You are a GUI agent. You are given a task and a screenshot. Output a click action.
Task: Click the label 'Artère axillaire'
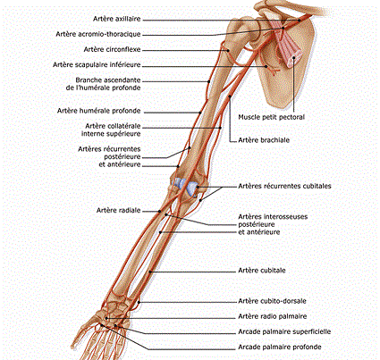pyautogui.click(x=116, y=19)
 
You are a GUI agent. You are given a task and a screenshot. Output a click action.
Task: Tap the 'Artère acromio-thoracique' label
pyautogui.click(x=98, y=34)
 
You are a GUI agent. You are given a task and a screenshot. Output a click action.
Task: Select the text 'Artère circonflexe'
pyautogui.click(x=112, y=49)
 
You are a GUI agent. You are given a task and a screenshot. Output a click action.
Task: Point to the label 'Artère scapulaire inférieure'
pyautogui.click(x=97, y=64)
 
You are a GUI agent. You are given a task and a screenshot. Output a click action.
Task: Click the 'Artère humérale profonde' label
pyautogui.click(x=98, y=111)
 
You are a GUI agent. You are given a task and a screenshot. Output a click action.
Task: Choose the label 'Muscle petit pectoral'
pyautogui.click(x=271, y=117)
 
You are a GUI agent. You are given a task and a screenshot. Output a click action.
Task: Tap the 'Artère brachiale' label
pyautogui.click(x=264, y=140)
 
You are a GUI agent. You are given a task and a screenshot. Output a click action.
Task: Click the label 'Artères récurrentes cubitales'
pyautogui.click(x=284, y=186)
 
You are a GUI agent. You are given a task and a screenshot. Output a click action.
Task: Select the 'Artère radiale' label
pyautogui.click(x=118, y=210)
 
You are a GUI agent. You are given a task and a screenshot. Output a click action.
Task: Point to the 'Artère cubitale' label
pyautogui.click(x=262, y=271)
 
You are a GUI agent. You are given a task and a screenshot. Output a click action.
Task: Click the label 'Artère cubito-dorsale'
pyautogui.click(x=272, y=301)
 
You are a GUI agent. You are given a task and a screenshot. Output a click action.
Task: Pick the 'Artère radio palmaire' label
pyautogui.click(x=273, y=316)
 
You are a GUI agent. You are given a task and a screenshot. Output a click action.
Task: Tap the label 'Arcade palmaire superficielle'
pyautogui.click(x=284, y=331)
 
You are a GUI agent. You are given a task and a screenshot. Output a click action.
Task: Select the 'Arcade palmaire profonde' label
pyautogui.click(x=280, y=347)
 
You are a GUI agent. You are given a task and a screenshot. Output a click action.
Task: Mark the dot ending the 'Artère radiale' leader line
pyautogui.click(x=160, y=212)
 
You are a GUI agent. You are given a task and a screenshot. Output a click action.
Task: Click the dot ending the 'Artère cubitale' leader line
pyautogui.click(x=151, y=272)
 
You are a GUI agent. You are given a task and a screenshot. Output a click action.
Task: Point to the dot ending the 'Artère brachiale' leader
pyautogui.click(x=230, y=96)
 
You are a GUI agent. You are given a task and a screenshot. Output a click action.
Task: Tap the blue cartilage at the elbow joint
pyautogui.click(x=186, y=186)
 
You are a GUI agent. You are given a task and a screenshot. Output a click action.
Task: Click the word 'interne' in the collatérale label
pyautogui.click(x=93, y=134)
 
